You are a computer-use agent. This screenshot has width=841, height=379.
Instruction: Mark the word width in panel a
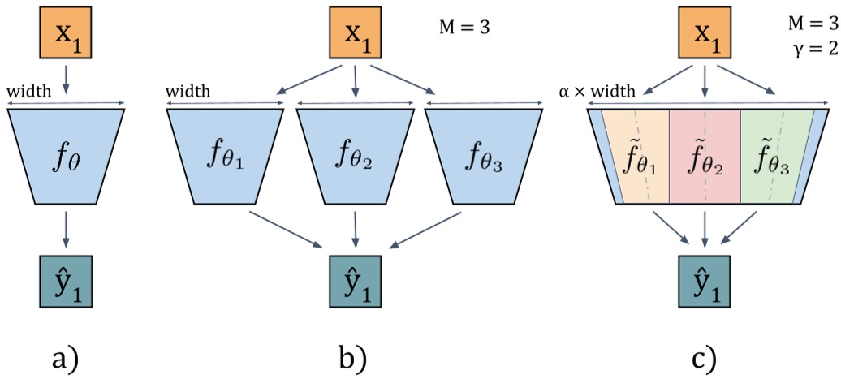pyautogui.click(x=28, y=90)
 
